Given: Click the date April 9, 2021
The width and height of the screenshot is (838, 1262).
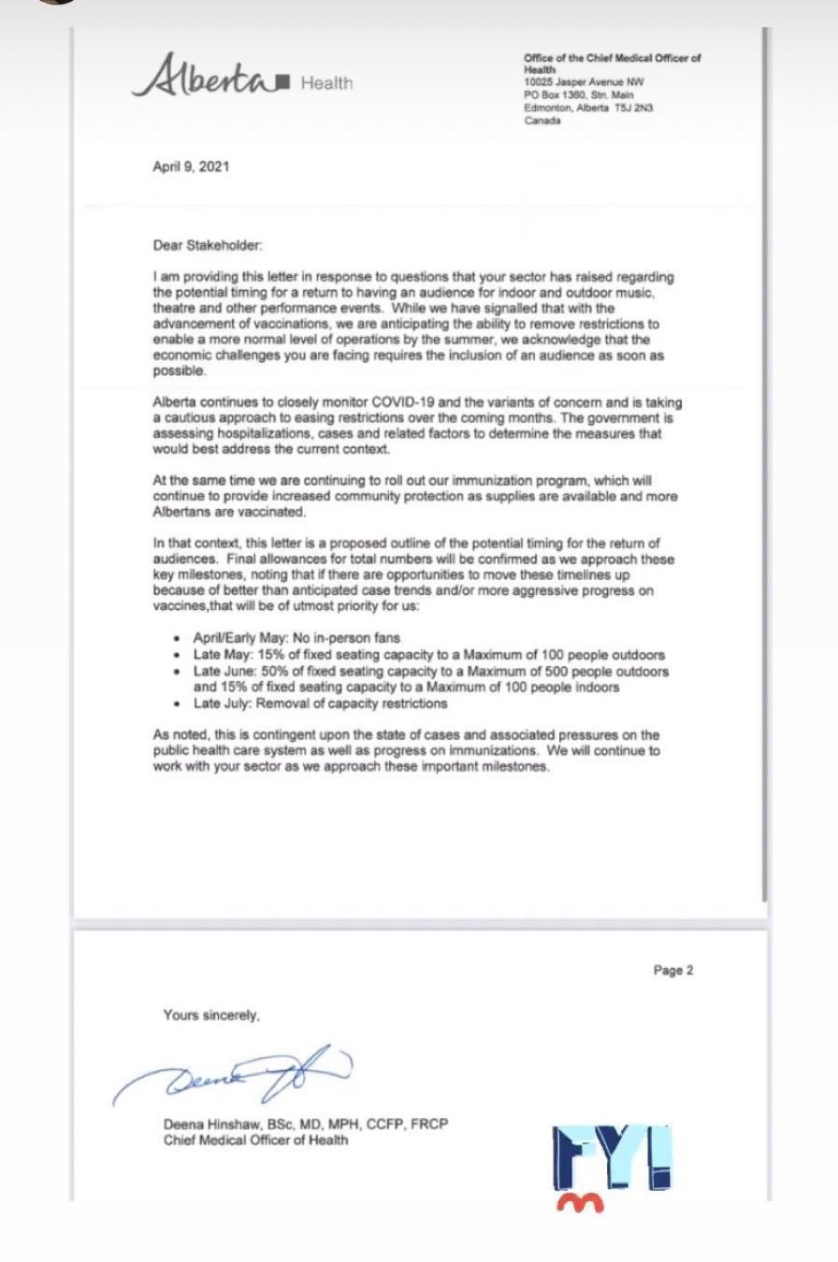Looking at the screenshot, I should tap(191, 167).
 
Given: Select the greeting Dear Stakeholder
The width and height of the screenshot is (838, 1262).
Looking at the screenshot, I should tap(208, 245).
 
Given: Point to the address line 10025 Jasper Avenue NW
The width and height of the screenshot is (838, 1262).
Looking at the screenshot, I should tap(584, 82).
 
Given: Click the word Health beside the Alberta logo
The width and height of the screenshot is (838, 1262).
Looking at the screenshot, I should tap(326, 83).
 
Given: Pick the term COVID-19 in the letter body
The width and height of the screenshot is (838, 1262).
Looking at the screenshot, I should tap(403, 402).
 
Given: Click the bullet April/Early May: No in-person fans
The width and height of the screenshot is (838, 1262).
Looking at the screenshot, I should tap(296, 638).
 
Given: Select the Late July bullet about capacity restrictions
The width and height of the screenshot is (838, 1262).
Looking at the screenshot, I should tap(320, 703).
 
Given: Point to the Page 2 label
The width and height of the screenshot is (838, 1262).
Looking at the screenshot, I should tap(672, 970).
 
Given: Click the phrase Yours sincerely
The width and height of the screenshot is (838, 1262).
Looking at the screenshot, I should tap(211, 1015).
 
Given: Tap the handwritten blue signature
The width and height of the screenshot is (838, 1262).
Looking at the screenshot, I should tap(234, 1076).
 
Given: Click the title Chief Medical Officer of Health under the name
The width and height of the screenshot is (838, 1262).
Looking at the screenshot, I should tap(255, 1139).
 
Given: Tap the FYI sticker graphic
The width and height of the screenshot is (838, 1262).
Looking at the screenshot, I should tap(612, 1156).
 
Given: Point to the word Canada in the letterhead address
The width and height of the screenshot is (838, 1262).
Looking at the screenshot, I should tap(542, 121).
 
